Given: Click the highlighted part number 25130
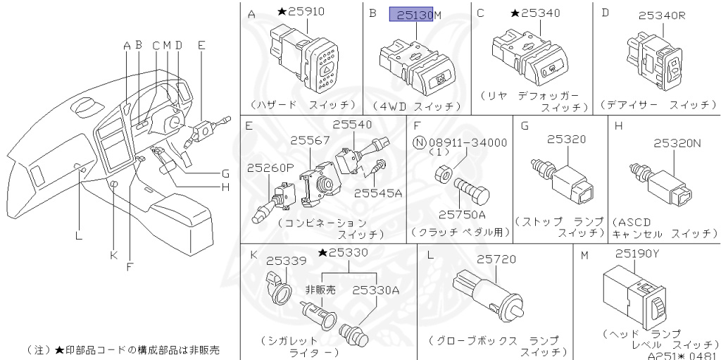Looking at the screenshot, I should pyautogui.click(x=412, y=13).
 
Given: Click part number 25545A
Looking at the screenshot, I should pyautogui.click(x=378, y=192).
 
